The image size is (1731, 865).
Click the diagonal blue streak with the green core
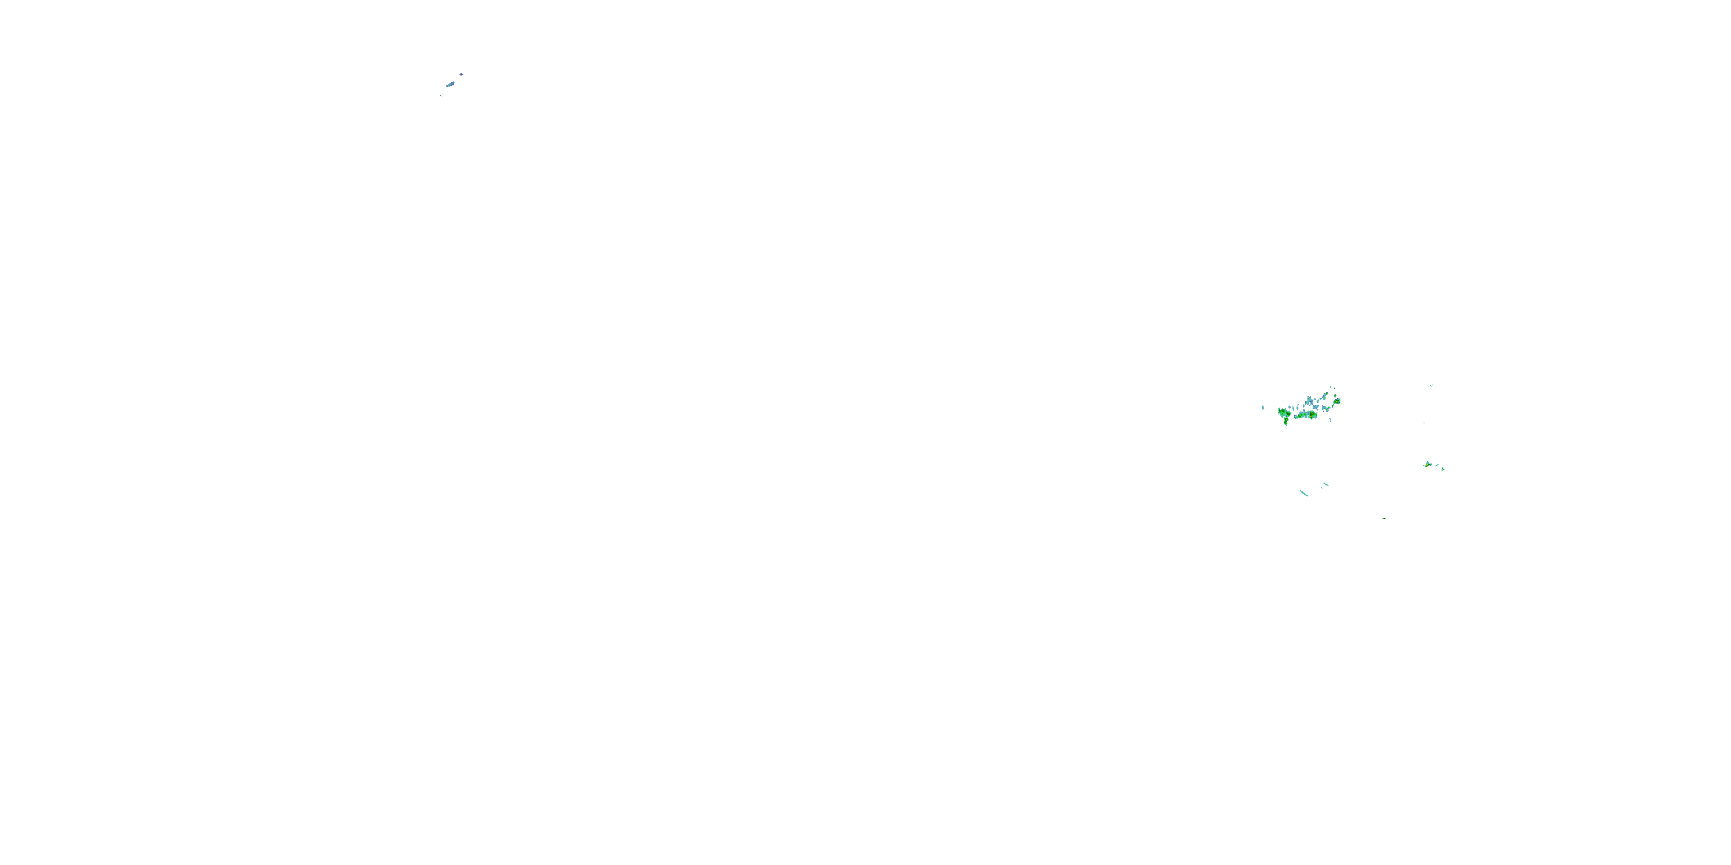451,85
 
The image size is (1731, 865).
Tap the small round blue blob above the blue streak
462,74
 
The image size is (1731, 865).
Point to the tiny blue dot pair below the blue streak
442,96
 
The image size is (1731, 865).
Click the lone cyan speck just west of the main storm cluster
1262,408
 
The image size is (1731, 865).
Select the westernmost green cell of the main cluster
1283,412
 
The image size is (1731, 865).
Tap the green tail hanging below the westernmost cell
1286,422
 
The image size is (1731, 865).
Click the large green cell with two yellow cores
1312,415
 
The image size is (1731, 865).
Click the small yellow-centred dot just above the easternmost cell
1335,396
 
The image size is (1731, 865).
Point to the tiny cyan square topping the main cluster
1331,388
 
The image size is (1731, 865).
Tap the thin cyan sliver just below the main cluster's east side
1331,420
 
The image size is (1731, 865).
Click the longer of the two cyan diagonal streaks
1304,493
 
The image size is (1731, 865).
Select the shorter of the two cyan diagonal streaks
1326,484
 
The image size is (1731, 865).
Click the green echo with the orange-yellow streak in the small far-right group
1428,465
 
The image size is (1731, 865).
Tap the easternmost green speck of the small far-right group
1444,469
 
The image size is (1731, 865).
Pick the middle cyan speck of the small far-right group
1437,465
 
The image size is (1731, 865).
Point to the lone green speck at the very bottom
1384,518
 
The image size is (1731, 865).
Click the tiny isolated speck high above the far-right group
1432,385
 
